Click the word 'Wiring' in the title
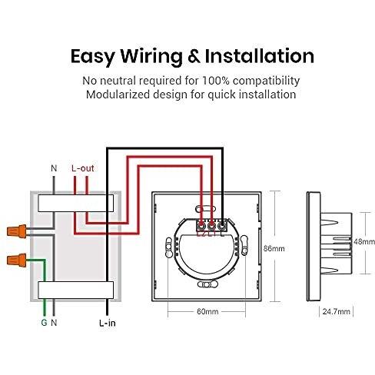tap(151, 56)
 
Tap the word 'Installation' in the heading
tap(260, 56)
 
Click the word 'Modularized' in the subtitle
tap(118, 95)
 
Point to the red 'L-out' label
tap(83, 168)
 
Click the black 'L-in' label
tap(108, 324)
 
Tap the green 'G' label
tap(44, 323)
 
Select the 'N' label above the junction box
tap(54, 168)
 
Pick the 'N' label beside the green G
tap(54, 323)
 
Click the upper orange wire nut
tap(17, 231)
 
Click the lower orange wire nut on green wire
tap(17, 261)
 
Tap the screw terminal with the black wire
tap(222, 226)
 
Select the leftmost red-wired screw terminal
tap(201, 226)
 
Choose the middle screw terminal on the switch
tap(211, 226)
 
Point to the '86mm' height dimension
tap(274, 248)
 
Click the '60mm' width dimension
tap(207, 311)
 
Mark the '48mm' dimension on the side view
tap(364, 241)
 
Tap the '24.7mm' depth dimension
tap(337, 311)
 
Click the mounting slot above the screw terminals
tap(206, 209)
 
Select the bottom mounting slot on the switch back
tap(207, 284)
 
